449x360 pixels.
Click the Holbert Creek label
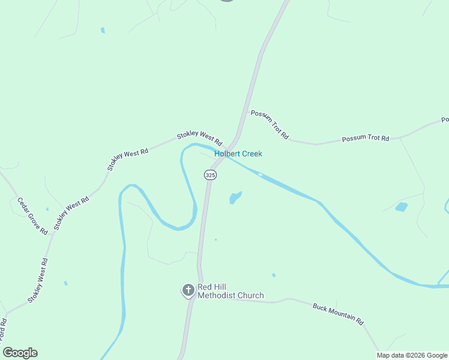(x=238, y=154)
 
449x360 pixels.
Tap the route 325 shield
(x=209, y=175)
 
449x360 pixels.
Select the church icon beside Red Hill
(x=188, y=291)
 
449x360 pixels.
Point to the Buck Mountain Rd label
(x=338, y=313)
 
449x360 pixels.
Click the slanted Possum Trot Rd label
(x=270, y=125)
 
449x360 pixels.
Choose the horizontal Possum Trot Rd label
(x=366, y=139)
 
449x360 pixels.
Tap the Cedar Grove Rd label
(x=32, y=216)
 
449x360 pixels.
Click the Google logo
(x=20, y=353)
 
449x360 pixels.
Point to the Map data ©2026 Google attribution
(x=412, y=355)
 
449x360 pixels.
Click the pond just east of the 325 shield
(x=235, y=197)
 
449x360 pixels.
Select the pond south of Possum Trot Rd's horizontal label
(x=402, y=208)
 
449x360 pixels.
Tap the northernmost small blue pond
(x=103, y=30)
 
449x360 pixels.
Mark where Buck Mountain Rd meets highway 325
(x=195, y=298)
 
